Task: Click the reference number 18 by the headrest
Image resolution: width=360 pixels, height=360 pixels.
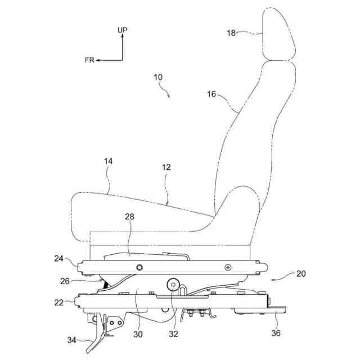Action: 231,33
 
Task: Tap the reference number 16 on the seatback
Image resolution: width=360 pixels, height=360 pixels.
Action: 211,94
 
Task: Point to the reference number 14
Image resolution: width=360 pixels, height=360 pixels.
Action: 109,161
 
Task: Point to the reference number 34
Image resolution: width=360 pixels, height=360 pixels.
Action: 72,340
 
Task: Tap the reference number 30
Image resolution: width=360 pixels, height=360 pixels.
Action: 138,334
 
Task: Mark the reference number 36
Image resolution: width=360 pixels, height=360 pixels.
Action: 276,333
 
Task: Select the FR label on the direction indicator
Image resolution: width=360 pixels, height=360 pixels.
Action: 90,60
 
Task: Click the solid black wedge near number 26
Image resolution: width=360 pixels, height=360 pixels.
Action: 105,286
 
